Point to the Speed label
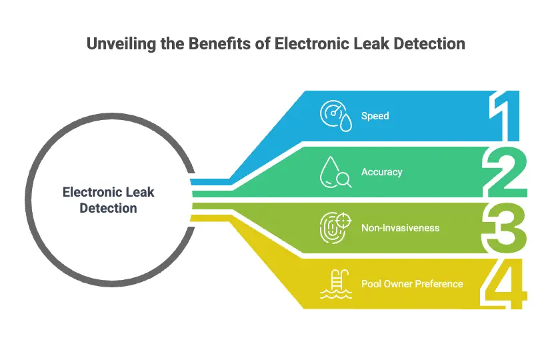(375, 116)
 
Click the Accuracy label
(381, 172)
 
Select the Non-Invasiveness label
(400, 228)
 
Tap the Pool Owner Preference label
(411, 284)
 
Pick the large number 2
(504, 171)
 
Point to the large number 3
(504, 228)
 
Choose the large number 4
(504, 285)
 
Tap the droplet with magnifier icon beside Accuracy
(335, 172)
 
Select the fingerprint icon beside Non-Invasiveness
(335, 228)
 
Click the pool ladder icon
(335, 284)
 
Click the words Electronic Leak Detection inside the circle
(108, 200)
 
